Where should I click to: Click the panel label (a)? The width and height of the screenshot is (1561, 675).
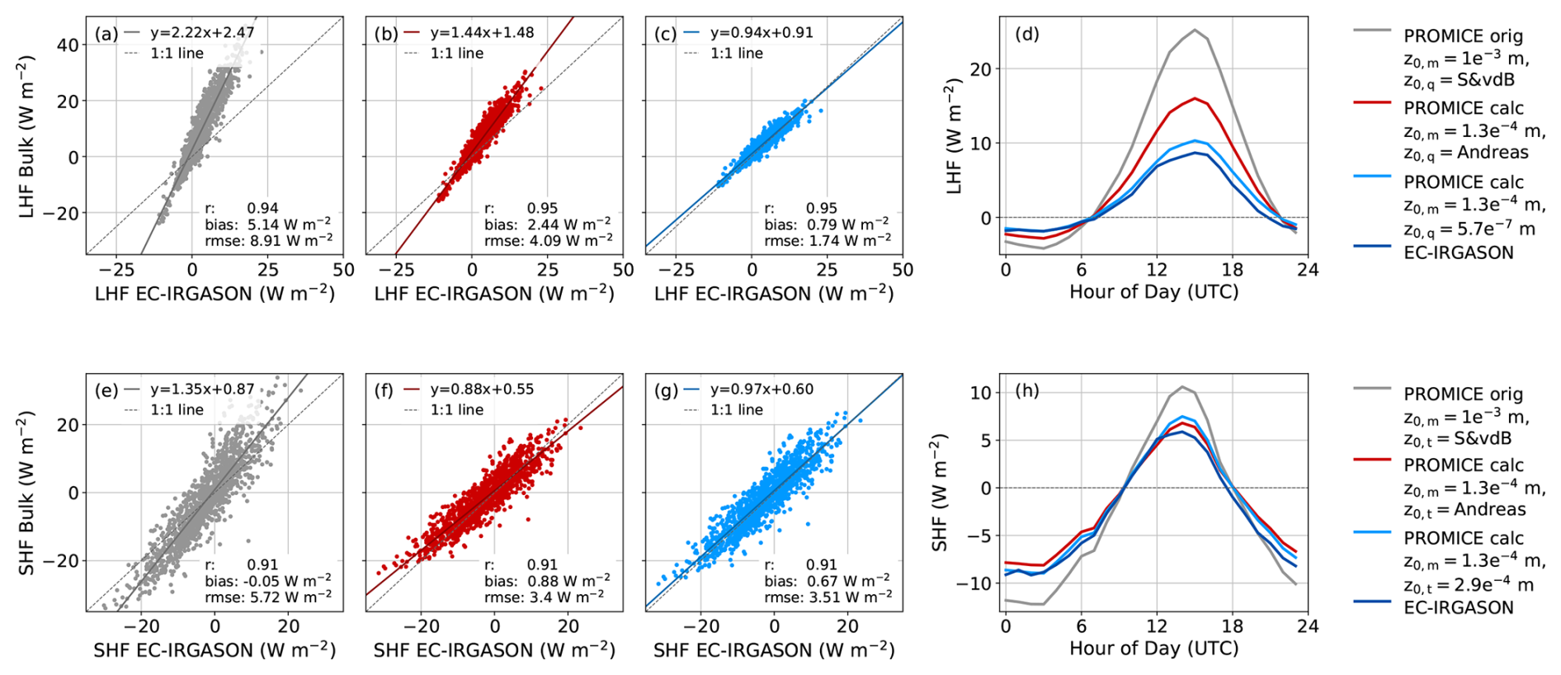click(106, 34)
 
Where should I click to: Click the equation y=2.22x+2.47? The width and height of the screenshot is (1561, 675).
click(202, 33)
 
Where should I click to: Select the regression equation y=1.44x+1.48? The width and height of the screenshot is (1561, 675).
click(482, 33)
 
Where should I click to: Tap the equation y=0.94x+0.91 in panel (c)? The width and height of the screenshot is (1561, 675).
click(762, 33)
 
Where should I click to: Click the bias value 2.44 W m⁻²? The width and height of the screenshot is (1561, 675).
click(569, 224)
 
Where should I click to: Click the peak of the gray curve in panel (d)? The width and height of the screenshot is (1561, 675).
click(1194, 30)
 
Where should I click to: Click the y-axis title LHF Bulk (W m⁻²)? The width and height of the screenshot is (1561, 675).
click(26, 137)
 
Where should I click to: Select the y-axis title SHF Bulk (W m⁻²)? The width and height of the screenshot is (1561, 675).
click(26, 493)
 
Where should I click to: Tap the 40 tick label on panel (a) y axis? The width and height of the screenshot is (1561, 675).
click(68, 45)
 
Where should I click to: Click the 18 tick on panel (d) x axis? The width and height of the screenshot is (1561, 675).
click(1232, 270)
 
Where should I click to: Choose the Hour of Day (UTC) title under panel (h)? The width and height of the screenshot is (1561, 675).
click(1153, 649)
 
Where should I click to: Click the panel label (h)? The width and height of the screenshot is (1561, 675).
click(1027, 390)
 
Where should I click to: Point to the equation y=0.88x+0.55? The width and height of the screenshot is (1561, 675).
click(482, 389)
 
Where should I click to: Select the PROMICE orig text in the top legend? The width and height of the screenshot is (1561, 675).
click(1463, 36)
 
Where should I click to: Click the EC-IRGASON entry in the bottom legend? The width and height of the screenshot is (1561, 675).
click(1458, 608)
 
